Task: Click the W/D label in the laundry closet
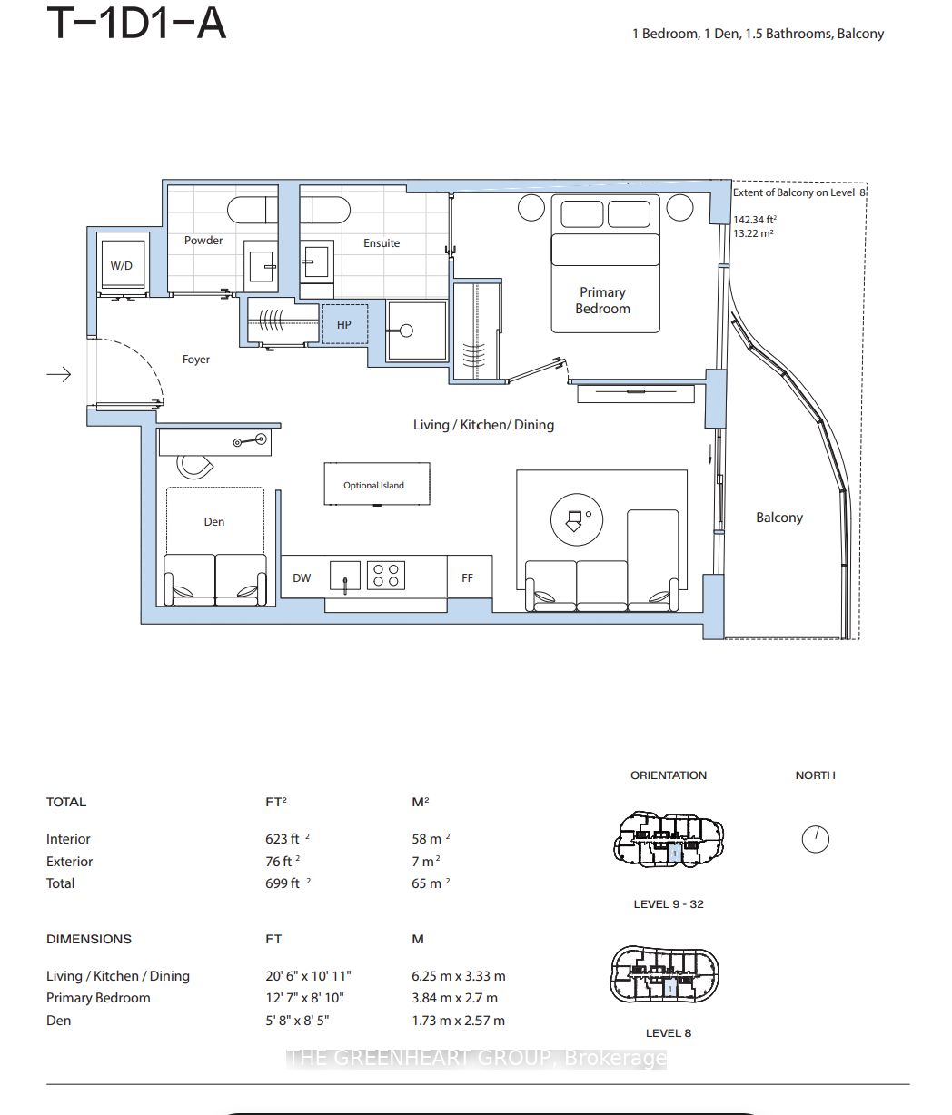122,265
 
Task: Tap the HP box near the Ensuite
345,324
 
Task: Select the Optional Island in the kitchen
377,484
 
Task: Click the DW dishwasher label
302,578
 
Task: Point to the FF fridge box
470,577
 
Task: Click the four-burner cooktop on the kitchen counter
386,575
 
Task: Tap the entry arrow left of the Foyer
59,374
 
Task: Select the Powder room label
203,240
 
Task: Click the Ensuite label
382,242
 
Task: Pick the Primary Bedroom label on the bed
603,301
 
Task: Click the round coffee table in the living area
577,519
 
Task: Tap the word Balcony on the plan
779,518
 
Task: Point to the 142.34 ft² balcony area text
755,220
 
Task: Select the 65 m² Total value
431,883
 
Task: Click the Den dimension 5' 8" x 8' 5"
297,1020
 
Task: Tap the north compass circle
816,839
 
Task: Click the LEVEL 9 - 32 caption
669,904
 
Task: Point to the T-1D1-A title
136,23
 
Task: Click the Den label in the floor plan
214,521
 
